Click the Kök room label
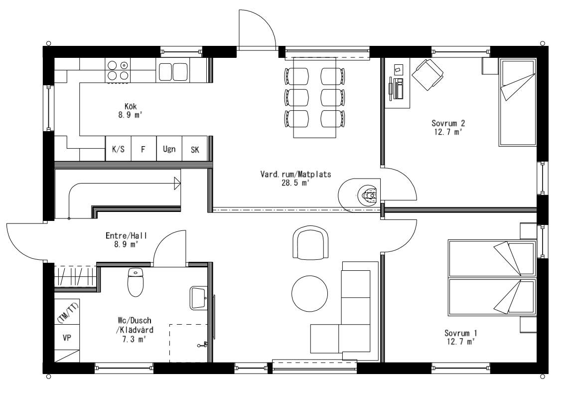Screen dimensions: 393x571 (x=131, y=106)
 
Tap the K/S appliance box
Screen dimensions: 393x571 (x=118, y=149)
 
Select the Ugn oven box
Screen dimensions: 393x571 (x=169, y=149)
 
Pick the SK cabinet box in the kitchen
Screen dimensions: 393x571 (x=195, y=149)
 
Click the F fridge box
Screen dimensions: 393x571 (x=143, y=149)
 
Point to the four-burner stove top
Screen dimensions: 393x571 (x=118, y=70)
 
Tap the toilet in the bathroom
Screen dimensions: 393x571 (x=136, y=282)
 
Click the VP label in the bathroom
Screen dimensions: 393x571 (x=67, y=338)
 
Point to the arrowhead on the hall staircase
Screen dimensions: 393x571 (x=176, y=184)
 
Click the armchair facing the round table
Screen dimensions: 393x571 (x=310, y=241)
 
